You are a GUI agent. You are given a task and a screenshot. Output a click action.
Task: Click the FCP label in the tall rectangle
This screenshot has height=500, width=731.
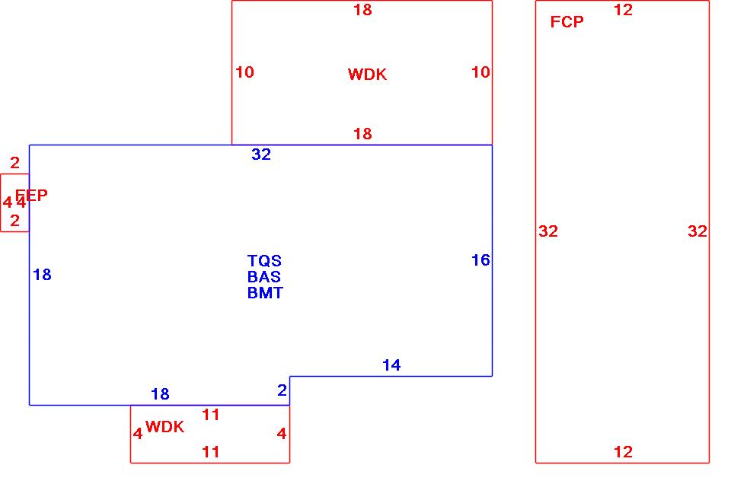567,22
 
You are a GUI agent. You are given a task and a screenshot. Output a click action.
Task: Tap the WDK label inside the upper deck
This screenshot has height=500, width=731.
367,74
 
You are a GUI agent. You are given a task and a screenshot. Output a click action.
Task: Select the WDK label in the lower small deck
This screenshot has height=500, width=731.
164,427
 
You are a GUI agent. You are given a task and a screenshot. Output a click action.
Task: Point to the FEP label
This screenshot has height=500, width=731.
31,196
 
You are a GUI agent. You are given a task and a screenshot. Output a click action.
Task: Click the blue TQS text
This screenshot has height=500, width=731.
264,261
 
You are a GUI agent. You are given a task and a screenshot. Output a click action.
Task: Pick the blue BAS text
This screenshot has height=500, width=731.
264,277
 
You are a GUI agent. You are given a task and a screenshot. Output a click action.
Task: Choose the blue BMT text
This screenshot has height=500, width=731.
265,293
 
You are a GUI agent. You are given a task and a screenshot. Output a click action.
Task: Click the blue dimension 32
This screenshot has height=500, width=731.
261,154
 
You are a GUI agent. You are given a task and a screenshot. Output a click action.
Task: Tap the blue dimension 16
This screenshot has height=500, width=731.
480,260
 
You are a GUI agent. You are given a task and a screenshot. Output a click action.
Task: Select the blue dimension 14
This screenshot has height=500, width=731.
391,365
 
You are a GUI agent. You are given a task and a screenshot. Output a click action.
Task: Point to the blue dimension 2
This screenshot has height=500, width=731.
282,390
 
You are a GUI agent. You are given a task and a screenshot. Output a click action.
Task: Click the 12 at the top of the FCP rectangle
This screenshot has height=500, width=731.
623,10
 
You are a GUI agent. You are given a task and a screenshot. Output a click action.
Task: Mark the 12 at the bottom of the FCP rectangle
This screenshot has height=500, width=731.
623,452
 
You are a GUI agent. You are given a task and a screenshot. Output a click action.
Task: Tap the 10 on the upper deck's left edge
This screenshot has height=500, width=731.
244,72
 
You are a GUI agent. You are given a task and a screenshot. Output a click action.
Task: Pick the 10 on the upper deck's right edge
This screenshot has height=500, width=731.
480,72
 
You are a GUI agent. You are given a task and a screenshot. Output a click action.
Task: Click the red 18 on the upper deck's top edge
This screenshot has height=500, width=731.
362,10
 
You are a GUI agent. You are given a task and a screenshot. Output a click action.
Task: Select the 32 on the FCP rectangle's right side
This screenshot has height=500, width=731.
697,231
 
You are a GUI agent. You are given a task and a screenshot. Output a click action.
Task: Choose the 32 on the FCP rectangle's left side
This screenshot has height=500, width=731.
548,231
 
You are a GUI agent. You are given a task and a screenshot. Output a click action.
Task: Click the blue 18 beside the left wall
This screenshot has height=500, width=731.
42,275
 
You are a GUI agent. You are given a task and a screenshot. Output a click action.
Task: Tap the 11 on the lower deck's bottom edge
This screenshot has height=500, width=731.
211,452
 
